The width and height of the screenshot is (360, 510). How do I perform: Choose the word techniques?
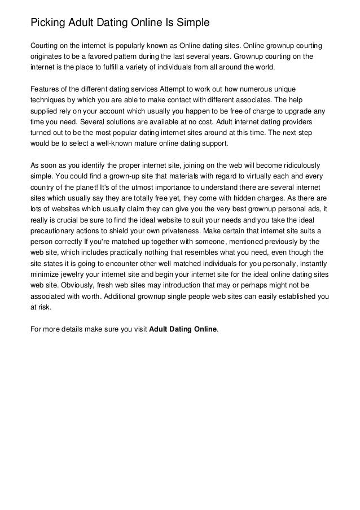[x=51, y=102]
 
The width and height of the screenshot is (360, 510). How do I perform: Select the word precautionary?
[x=55, y=231]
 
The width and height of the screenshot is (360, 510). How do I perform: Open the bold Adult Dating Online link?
[x=183, y=329]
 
